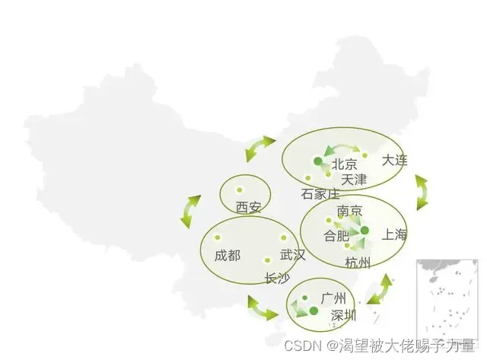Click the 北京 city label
[x=345, y=164]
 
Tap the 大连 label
[x=395, y=160]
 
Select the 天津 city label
[x=354, y=180]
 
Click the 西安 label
[x=248, y=207]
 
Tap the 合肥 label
[x=336, y=236]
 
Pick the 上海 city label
[x=395, y=234]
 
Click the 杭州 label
[x=358, y=263]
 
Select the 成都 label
[x=227, y=255]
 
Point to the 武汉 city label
[x=292, y=255]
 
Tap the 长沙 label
[x=276, y=279]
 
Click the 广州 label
[x=333, y=297]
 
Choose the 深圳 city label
[x=342, y=315]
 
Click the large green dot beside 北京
[x=317, y=161]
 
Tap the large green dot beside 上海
[x=364, y=230]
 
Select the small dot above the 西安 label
[x=239, y=190]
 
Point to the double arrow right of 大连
[x=421, y=193]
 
